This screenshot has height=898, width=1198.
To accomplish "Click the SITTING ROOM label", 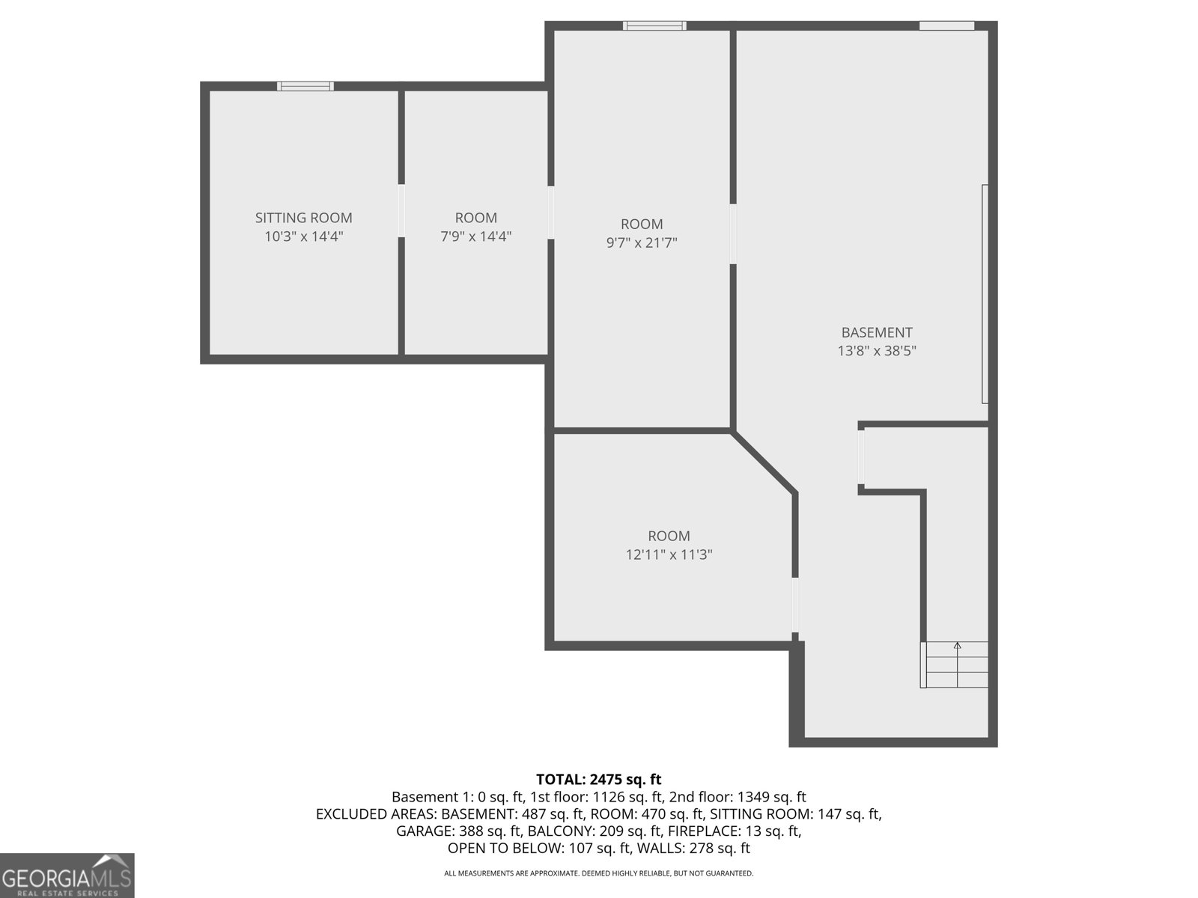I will (303, 218).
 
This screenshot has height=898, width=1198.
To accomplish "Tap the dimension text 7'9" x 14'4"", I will (475, 236).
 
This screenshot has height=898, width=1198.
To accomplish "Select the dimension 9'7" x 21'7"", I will (642, 242).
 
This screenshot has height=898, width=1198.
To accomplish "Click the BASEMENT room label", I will (876, 332).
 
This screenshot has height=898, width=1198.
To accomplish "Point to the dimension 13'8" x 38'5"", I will (876, 351).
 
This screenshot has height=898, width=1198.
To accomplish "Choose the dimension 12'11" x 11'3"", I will (669, 555).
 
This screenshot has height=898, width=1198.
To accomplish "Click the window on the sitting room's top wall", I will (305, 86).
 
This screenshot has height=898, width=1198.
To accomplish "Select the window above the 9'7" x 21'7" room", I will (654, 25).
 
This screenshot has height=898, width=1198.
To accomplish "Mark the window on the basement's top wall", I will (946, 25).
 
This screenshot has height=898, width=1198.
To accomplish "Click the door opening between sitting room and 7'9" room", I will (401, 210).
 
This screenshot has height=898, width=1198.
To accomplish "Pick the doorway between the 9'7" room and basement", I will (733, 233).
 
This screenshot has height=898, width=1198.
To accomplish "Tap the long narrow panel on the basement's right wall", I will (985, 293).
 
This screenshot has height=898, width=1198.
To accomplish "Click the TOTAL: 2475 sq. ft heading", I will (598, 779).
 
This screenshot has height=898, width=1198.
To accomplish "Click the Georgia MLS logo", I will (67, 876).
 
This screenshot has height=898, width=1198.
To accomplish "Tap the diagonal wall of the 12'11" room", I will (764, 462).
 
